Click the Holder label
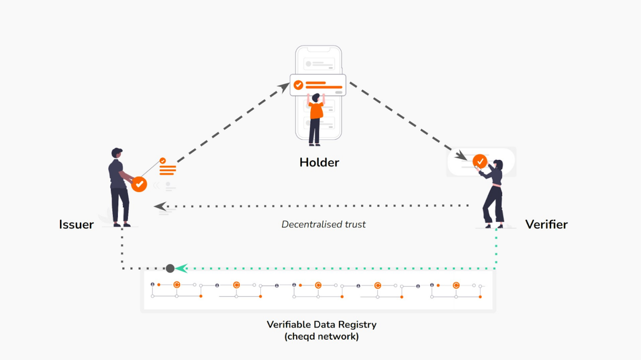coord(319,162)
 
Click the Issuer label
coord(76,225)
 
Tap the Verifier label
coord(546,225)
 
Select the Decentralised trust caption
coord(323,225)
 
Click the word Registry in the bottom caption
coord(357,325)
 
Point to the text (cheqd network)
coord(321,337)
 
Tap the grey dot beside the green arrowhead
coord(170,268)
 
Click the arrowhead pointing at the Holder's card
coord(284,87)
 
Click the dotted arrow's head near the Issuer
coord(160,206)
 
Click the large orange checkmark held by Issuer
coord(139,184)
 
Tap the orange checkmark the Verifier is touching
coord(480,161)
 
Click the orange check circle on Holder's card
coord(298,85)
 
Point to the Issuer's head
coord(117,153)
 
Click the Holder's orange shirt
coord(316,111)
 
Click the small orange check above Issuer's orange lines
coord(163,161)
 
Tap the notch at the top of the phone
coord(319,49)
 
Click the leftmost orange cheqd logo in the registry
coord(177,285)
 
